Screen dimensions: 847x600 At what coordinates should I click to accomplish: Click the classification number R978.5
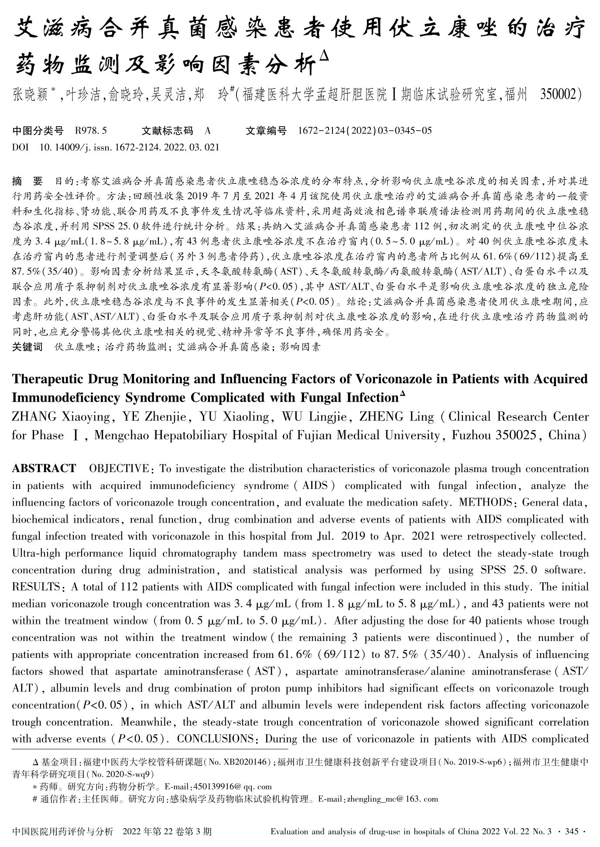[x=91, y=131]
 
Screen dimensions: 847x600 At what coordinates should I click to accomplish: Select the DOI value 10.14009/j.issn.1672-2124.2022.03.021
[x=129, y=147]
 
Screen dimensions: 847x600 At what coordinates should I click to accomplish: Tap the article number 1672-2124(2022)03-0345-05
[x=365, y=131]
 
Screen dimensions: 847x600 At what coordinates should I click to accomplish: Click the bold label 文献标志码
[x=167, y=131]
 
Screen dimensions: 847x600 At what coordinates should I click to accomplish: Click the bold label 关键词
[x=27, y=347]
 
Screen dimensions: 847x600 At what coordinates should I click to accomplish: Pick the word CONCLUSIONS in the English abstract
[x=215, y=739]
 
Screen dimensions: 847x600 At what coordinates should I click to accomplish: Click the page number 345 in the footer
[x=572, y=832]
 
